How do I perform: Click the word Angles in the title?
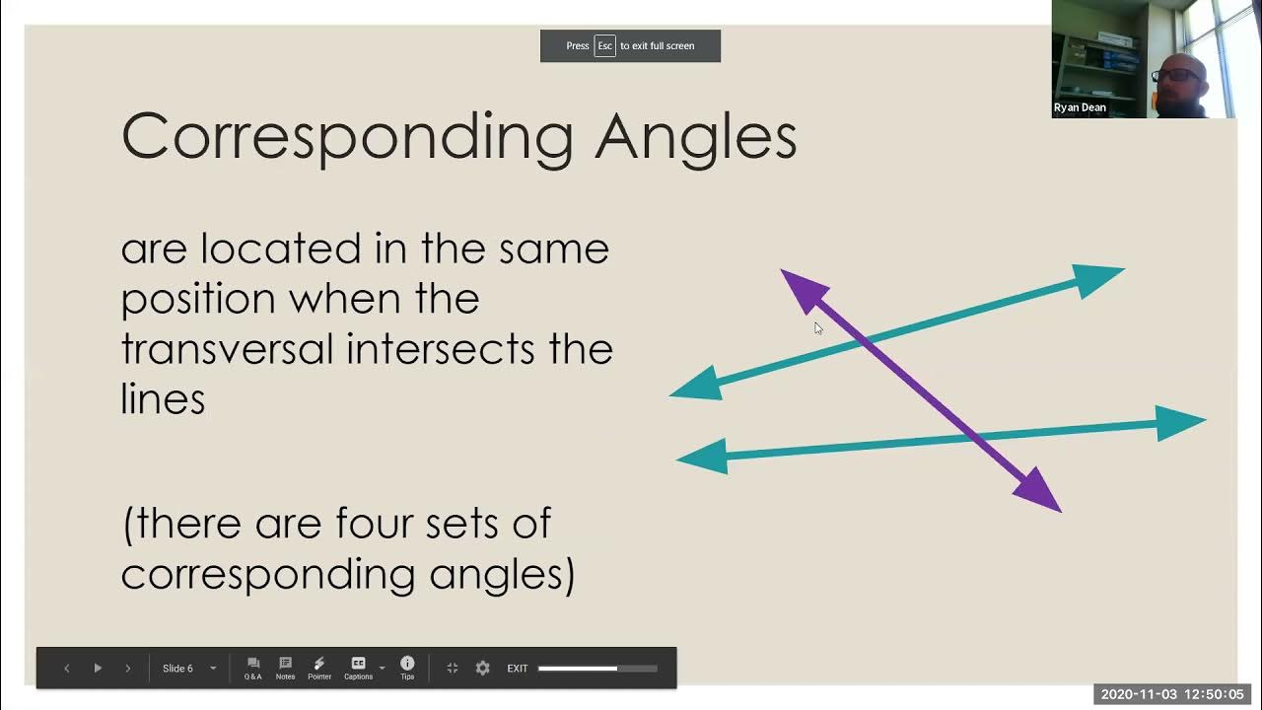click(695, 137)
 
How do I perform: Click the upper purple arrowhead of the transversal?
click(802, 289)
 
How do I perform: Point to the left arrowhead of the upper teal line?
click(699, 385)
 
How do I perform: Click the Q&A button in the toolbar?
click(253, 668)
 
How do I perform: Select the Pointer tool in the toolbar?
click(318, 668)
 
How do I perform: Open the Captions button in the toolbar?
click(359, 668)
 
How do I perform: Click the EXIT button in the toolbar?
click(518, 669)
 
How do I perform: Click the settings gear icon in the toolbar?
click(482, 668)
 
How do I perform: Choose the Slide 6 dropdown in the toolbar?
click(188, 669)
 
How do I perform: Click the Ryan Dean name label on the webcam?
click(1080, 107)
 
